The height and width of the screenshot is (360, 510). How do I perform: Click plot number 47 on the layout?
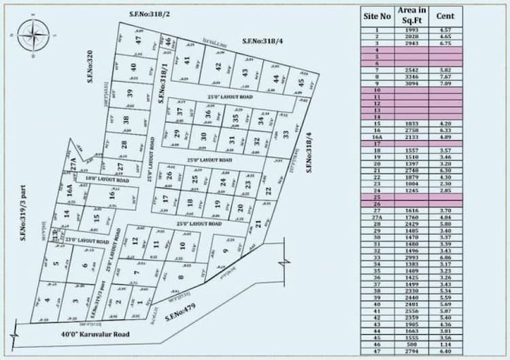tap(139, 41)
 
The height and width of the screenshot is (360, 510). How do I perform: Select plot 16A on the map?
tap(69, 189)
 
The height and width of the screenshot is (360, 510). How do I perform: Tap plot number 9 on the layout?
tap(224, 251)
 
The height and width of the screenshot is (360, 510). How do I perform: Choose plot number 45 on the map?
tap(301, 84)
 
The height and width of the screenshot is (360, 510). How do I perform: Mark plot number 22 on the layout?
tap(268, 191)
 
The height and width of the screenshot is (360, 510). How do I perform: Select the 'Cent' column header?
tap(445, 14)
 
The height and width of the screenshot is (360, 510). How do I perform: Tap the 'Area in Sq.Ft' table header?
tap(412, 15)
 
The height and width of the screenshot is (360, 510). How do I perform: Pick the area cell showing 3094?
tap(412, 84)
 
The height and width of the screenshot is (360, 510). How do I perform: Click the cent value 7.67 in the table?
tap(445, 77)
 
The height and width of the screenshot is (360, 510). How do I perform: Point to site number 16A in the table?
tap(377, 137)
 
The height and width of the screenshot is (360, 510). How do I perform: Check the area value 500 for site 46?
tap(412, 344)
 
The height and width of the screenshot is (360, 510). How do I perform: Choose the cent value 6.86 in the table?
tap(445, 257)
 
